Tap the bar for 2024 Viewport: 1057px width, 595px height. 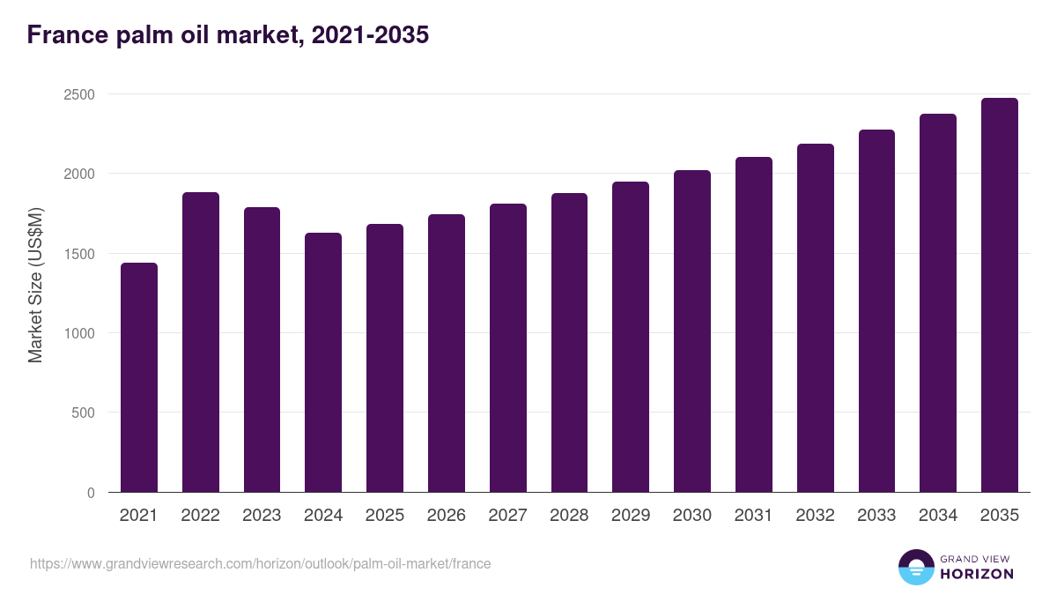tap(323, 362)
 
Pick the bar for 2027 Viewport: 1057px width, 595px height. tap(508, 348)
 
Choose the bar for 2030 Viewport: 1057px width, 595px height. tap(692, 331)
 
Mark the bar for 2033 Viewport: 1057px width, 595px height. tap(876, 311)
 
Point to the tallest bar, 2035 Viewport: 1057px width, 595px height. tap(1000, 295)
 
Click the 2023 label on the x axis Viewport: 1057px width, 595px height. tap(262, 516)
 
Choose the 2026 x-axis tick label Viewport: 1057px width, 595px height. tap(447, 516)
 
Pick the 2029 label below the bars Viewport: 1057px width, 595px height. tap(631, 516)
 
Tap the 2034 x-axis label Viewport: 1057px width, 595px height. tap(938, 516)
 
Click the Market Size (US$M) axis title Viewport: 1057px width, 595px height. tap(35, 284)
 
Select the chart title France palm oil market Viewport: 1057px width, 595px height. tap(228, 35)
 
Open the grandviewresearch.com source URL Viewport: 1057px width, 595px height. tap(260, 563)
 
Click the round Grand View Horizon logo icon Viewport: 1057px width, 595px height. tap(916, 567)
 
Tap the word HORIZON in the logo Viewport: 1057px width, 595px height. tap(977, 574)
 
